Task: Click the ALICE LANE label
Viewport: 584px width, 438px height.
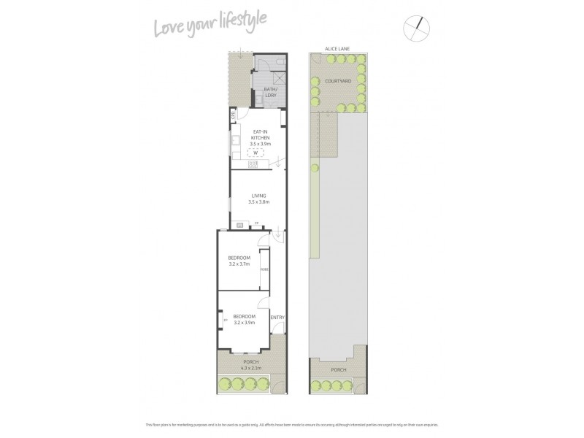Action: [338, 49]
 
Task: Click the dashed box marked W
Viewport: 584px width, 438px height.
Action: [256, 153]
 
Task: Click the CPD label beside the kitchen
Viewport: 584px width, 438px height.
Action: [233, 114]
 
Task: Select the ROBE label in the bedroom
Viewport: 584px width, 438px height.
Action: [264, 269]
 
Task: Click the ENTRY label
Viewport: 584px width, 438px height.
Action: [277, 318]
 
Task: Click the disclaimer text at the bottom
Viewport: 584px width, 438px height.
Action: [292, 424]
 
